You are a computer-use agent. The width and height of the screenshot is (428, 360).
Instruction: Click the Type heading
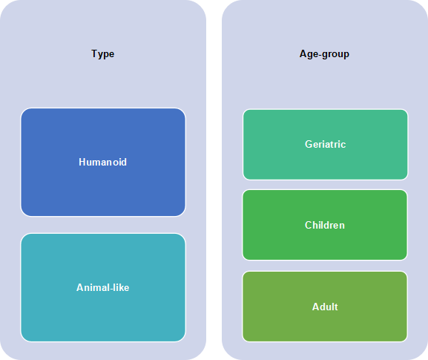point(102,54)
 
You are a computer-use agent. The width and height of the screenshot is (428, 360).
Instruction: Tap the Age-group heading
point(324,54)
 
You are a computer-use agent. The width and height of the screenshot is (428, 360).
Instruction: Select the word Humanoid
point(102,162)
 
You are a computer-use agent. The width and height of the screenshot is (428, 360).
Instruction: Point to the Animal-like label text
point(102,287)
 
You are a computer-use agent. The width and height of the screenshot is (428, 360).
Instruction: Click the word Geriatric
point(325,144)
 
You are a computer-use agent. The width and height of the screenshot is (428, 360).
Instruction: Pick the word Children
point(325,225)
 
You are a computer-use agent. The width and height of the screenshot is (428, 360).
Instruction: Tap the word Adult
point(325,307)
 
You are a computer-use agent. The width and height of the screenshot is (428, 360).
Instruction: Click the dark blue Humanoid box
point(103,163)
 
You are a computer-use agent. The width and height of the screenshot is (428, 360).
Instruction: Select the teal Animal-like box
point(103,287)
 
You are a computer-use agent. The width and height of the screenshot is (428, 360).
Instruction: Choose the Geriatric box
point(326,145)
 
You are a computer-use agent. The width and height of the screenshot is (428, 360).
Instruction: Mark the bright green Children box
point(325,225)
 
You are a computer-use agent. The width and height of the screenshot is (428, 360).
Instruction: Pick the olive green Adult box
point(325,307)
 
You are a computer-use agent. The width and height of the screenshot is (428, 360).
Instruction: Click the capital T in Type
point(94,53)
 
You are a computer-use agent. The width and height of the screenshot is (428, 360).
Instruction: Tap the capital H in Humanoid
point(82,162)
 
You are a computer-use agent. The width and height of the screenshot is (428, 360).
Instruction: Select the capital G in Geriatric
point(309,144)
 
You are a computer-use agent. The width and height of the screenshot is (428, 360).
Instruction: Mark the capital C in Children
point(308,225)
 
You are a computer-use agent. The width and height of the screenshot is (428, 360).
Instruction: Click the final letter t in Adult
point(336,307)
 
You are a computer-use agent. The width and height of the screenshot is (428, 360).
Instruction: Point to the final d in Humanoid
point(124,162)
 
